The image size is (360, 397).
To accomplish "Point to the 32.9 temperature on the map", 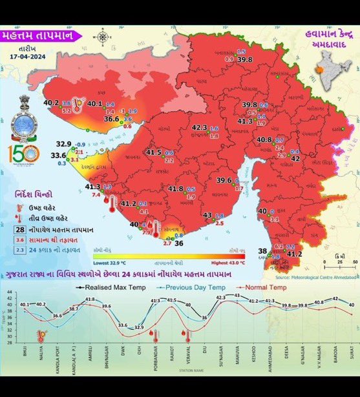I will click(63, 144).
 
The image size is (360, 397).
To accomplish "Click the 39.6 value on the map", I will click(224, 180).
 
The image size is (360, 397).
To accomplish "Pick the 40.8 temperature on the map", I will click(264, 139).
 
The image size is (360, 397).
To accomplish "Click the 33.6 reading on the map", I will click(58, 155).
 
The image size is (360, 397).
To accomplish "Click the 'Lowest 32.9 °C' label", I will click(111, 263).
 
